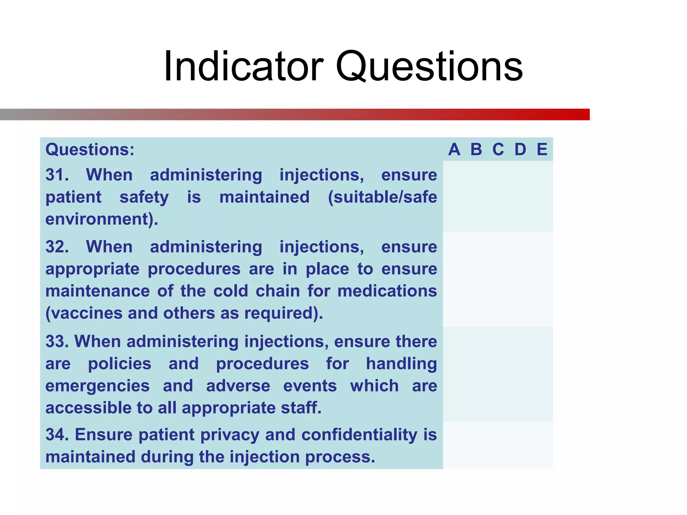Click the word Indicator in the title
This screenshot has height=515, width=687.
(244, 66)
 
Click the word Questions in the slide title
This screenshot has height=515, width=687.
(429, 66)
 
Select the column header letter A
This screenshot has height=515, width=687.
(454, 150)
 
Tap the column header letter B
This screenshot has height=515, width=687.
(476, 150)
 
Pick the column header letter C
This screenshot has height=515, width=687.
(498, 150)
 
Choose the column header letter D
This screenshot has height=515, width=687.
(520, 150)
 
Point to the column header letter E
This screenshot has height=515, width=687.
(542, 150)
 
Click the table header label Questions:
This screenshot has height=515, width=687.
(90, 150)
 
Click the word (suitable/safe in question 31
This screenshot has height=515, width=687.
(382, 197)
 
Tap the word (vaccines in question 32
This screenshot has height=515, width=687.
(84, 313)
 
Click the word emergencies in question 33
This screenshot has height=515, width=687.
(97, 386)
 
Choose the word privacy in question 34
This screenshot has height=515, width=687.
(230, 435)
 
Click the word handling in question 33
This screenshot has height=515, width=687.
(401, 364)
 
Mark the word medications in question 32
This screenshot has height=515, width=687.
(387, 291)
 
